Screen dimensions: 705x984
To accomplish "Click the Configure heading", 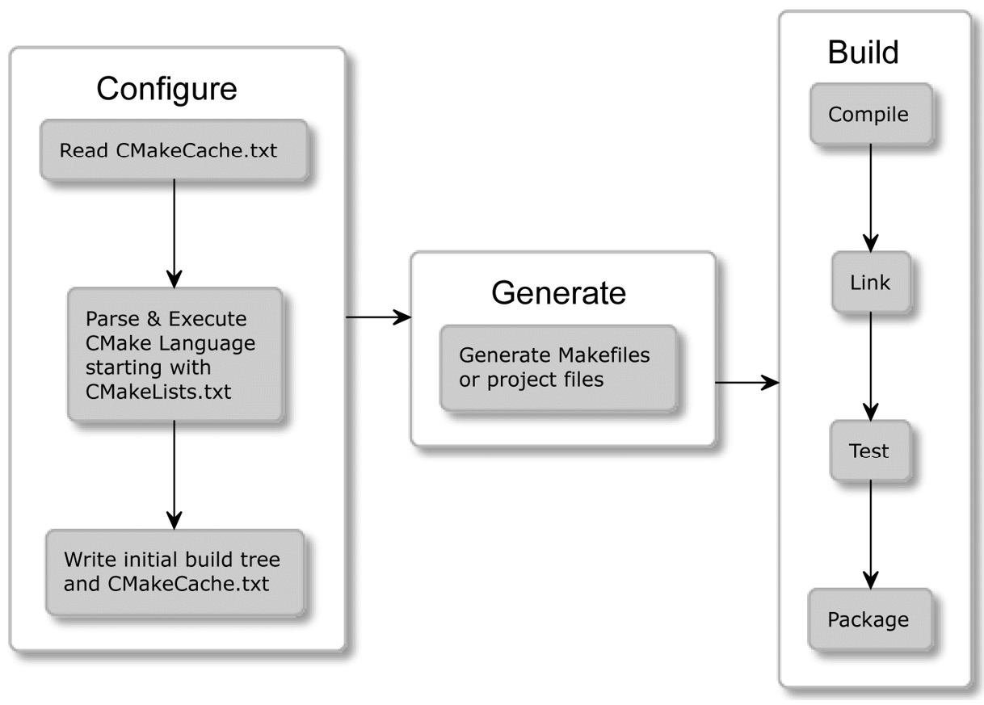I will [x=166, y=88].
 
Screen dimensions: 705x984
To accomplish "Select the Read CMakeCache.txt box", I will [x=174, y=150].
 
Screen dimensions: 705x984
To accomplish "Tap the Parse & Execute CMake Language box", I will [x=175, y=355].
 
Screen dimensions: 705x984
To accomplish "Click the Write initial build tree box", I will [x=175, y=572].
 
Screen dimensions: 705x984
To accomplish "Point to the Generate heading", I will [x=558, y=292].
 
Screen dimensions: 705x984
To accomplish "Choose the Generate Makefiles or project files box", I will [x=557, y=367].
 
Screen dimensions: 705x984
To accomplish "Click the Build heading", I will [x=863, y=52].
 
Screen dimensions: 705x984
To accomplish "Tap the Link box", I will [x=870, y=282].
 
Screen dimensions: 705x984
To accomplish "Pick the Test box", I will [x=869, y=450].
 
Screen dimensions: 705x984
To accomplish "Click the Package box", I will [x=868, y=619].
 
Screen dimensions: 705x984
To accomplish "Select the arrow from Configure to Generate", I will [x=378, y=317].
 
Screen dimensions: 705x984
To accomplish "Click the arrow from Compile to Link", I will [x=870, y=198].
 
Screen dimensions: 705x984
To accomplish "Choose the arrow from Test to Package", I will [x=870, y=534].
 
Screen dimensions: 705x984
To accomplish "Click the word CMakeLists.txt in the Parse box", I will [x=158, y=393].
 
